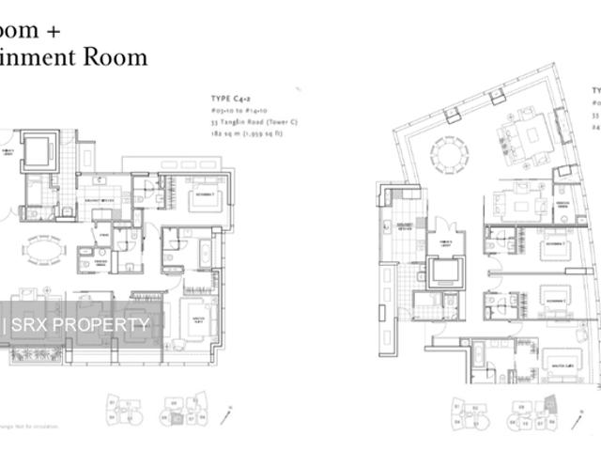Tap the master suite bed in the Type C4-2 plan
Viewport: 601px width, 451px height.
pos(203,314)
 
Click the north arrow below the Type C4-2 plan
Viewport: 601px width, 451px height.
pos(231,412)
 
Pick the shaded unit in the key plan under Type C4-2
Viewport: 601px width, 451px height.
pos(175,405)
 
